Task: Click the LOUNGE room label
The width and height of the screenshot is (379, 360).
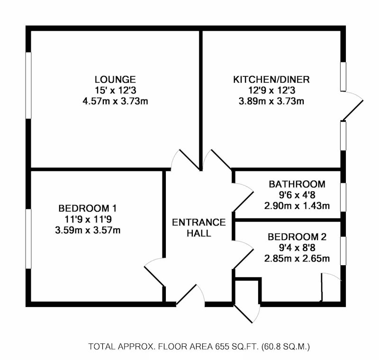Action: point(115,80)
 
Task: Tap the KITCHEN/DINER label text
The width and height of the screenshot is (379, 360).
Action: point(271,80)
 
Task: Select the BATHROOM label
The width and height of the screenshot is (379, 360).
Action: point(297,184)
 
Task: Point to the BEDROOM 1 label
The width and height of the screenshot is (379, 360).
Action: point(88,208)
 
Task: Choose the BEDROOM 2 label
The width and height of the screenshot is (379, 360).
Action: point(297,237)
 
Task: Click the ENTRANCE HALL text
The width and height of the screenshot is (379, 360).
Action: point(199,227)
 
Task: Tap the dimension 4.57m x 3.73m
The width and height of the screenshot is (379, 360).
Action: point(115,101)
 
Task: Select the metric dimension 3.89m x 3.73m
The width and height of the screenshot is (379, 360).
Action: point(271,101)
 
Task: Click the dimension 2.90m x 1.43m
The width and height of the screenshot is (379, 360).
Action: point(297,206)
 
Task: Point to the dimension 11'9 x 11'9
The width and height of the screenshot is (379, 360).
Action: point(88,219)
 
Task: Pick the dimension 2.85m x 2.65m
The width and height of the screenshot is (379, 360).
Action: point(297,259)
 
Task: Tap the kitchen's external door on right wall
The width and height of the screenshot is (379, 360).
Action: point(352,106)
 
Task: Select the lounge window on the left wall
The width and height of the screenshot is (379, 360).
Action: point(28,85)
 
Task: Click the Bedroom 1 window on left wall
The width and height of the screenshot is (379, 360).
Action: point(28,239)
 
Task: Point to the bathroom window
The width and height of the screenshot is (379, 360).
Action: point(343,198)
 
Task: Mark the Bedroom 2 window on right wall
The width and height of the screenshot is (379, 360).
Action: point(343,251)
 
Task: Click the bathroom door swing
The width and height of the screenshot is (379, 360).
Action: point(243,198)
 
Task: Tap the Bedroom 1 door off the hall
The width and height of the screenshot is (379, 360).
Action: point(155,272)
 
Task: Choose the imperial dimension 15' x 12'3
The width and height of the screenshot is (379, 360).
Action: point(115,90)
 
